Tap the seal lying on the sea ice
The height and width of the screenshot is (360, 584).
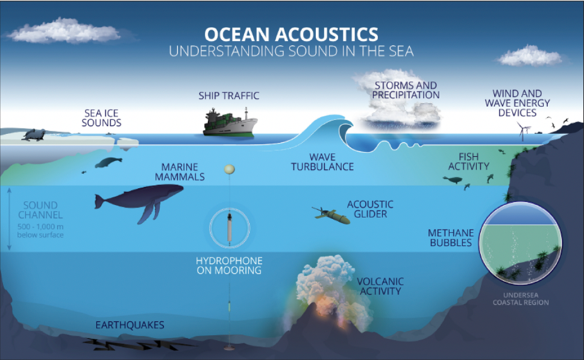(33, 134)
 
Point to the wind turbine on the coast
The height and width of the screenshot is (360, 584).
(522, 129)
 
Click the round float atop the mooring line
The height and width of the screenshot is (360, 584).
(228, 171)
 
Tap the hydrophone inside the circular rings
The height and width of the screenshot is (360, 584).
(228, 229)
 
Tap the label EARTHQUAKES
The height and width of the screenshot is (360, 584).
(130, 326)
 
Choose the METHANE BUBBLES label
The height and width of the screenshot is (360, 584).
(450, 238)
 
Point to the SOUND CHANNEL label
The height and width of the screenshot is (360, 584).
(41, 210)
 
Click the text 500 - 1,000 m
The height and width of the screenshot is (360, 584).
(41, 227)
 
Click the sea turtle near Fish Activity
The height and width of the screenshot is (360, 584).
(453, 179)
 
